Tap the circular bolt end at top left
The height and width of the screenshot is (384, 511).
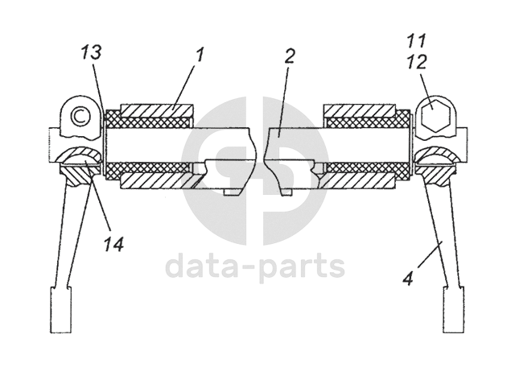[79, 115]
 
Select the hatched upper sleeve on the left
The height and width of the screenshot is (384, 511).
[156, 109]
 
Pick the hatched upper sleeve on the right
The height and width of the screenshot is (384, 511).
[358, 109]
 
